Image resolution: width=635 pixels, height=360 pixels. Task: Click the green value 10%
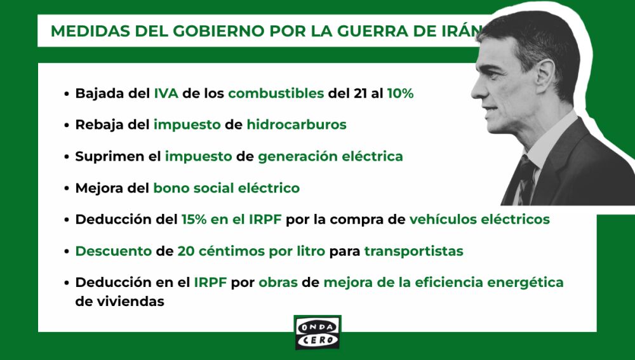coord(400,93)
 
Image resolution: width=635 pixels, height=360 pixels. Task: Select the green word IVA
coord(166,93)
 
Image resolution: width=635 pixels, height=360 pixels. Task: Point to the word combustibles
coord(276,93)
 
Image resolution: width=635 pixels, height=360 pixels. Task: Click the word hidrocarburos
coord(297,124)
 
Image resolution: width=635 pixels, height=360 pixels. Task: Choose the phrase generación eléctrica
coord(330,156)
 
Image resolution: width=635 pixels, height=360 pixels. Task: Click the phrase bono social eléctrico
coord(226,188)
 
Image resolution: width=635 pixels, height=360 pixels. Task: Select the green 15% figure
coord(194,220)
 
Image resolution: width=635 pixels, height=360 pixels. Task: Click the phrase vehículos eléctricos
coord(479,220)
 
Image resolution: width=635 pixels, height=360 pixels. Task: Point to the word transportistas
coord(413,251)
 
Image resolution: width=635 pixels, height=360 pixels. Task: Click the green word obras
coord(277,282)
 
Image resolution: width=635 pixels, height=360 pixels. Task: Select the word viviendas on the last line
coord(129,302)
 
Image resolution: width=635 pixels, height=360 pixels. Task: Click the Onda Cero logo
coord(317,332)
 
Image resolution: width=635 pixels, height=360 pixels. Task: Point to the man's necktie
coord(526,181)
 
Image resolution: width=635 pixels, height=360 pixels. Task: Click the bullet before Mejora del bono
coord(67,189)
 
